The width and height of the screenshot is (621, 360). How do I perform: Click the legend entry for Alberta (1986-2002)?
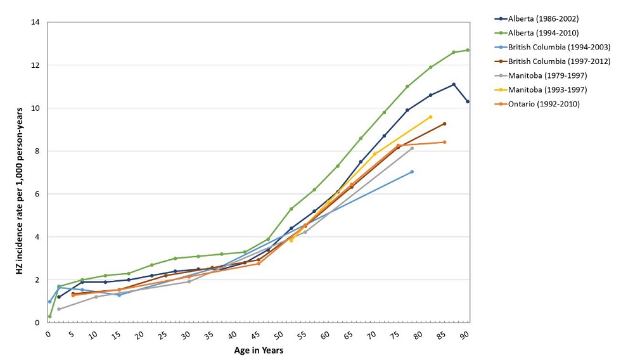click(546, 19)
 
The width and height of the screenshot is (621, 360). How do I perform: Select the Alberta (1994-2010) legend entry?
click(546, 33)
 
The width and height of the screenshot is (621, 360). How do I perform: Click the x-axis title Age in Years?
click(257, 350)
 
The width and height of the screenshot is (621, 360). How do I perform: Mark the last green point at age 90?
click(468, 50)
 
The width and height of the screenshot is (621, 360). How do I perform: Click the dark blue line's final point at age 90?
click(468, 101)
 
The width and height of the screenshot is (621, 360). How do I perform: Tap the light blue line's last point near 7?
click(412, 172)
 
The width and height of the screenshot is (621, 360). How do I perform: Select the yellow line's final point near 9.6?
click(430, 117)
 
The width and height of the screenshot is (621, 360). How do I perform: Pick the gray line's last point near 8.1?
click(412, 148)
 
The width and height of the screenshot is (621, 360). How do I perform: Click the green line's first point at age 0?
click(49, 316)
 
